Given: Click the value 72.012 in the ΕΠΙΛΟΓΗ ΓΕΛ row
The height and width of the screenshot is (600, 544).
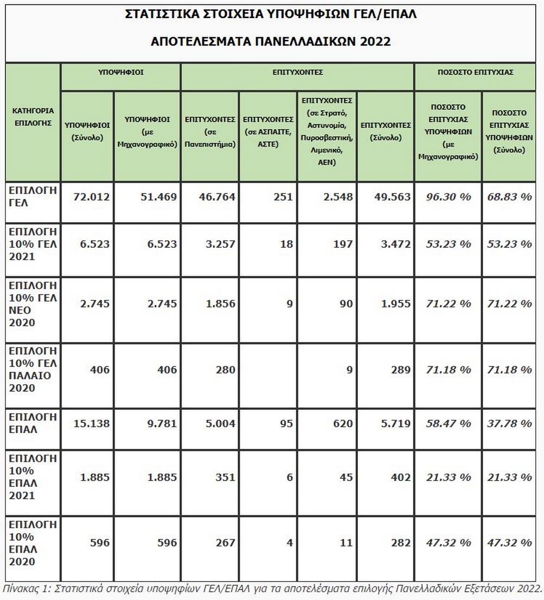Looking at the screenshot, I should (x=91, y=197).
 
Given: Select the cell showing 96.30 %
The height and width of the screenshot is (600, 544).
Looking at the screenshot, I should (x=449, y=197).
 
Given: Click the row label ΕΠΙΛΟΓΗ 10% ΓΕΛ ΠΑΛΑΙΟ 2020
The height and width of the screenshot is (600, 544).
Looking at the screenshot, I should (x=33, y=369).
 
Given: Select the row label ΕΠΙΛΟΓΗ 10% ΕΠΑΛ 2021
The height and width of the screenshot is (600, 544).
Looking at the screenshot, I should (x=33, y=477).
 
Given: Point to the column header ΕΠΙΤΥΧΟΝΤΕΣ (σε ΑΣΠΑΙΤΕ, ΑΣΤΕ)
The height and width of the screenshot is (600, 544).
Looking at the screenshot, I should (x=268, y=131).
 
